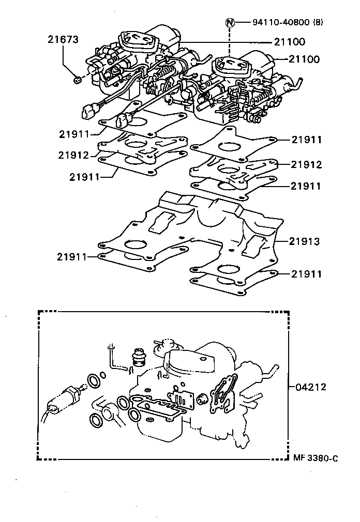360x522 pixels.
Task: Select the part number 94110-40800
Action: coord(281,22)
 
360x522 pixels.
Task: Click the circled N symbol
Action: coord(230,22)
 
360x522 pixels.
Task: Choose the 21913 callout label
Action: coord(305,241)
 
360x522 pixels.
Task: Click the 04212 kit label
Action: coord(311,387)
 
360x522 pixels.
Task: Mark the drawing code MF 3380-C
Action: coord(315,458)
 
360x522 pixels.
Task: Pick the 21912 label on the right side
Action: coord(306,165)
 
